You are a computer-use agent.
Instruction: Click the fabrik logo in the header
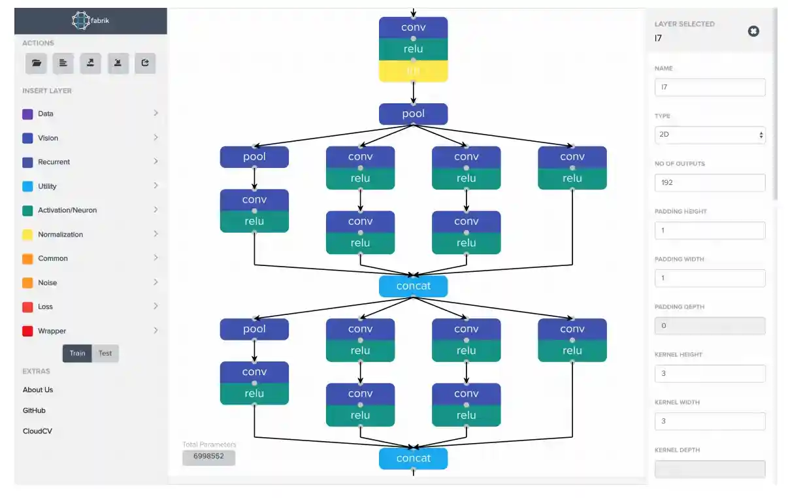pos(90,21)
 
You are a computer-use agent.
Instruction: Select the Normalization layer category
pos(60,235)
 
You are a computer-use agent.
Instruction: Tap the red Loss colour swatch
pos(27,307)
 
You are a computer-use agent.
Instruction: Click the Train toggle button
pos(77,354)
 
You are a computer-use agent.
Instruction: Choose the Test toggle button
pos(105,354)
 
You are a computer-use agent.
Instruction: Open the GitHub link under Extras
pos(34,410)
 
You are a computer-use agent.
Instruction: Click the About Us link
pos(38,390)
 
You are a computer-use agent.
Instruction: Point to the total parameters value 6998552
pos(208,457)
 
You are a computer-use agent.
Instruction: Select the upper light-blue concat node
pos(413,286)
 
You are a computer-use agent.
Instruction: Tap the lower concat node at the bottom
pos(413,459)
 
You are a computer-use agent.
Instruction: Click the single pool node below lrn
pos(413,114)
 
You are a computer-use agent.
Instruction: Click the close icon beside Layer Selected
pos(753,31)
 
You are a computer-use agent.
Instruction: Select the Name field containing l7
pos(710,88)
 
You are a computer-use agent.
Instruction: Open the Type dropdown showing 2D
pos(710,135)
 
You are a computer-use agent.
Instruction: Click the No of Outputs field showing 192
pos(710,183)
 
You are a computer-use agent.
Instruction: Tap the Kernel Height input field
pos(710,374)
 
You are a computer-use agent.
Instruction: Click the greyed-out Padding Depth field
pos(710,326)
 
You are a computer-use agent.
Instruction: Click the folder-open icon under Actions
pos(36,63)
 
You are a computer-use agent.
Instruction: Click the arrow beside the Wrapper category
pos(156,331)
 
